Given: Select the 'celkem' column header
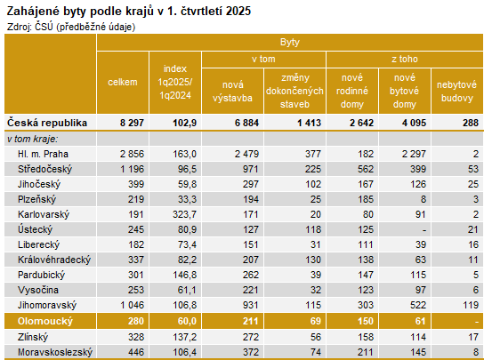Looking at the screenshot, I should tap(122, 83).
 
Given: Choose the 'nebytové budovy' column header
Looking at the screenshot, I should tap(457, 90).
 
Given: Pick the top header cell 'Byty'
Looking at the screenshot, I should tap(289, 43).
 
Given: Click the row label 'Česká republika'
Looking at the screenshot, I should tap(46, 122).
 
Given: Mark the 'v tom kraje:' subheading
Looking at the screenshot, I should tap(33, 139).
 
